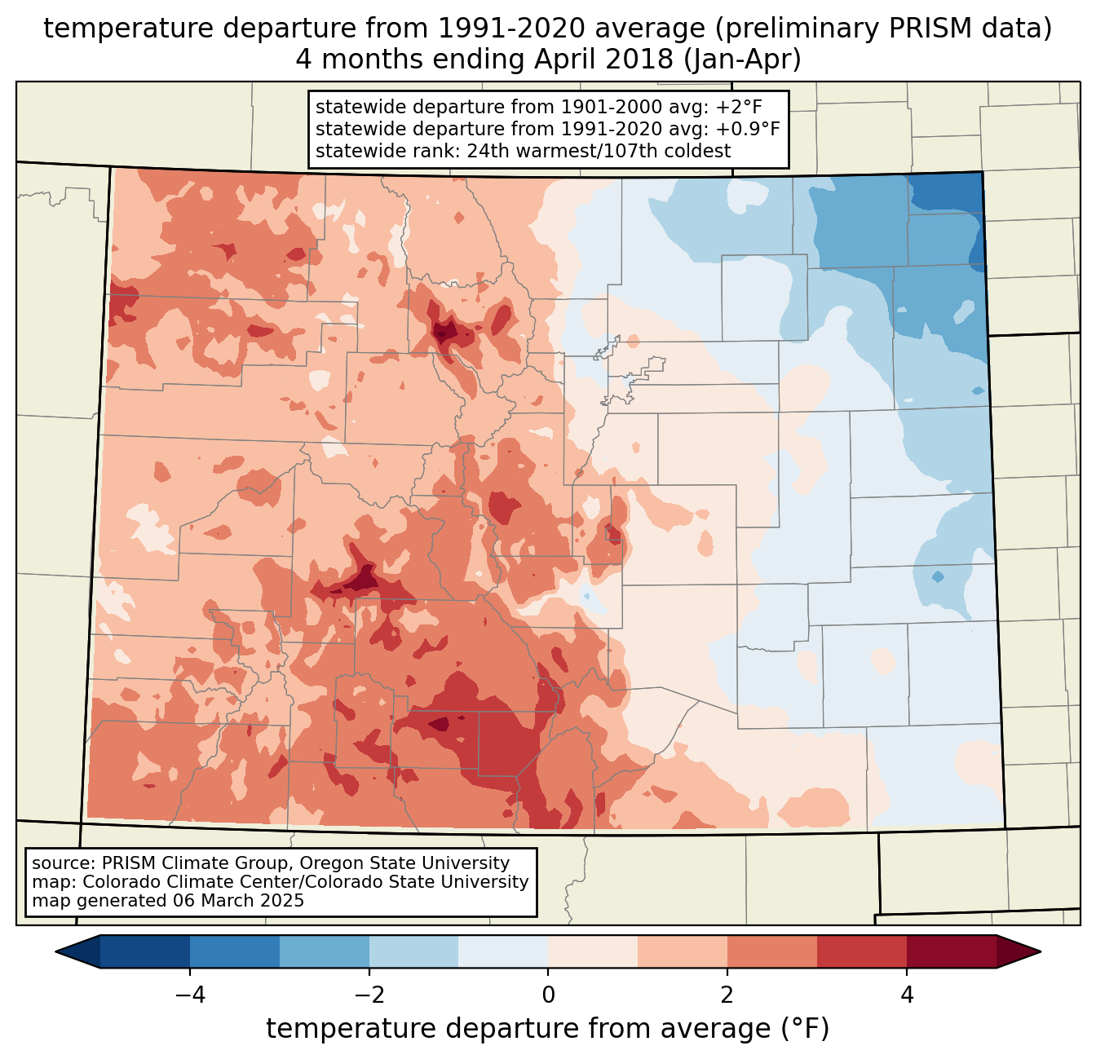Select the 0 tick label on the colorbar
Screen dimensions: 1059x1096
[x=548, y=995]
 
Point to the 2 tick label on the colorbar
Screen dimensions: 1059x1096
[x=727, y=995]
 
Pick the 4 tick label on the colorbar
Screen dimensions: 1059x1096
[x=907, y=995]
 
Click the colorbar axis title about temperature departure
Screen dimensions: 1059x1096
[x=548, y=1029]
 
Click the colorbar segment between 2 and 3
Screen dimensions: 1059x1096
[x=772, y=951]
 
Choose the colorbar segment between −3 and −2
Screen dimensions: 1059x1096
[x=325, y=951]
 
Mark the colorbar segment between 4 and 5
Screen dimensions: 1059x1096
[x=952, y=951]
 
